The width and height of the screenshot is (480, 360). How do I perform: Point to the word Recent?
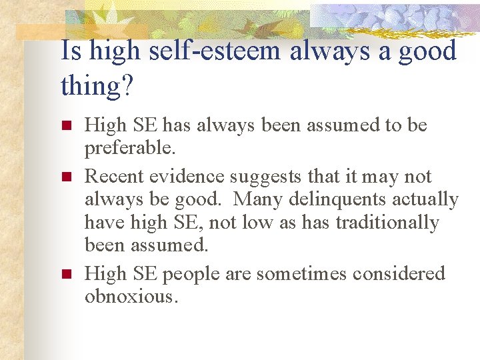coord(115,177)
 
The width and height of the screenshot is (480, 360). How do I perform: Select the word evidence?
coord(187,177)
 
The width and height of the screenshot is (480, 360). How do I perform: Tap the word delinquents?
coord(346,200)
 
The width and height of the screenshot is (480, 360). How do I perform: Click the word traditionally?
coord(387,223)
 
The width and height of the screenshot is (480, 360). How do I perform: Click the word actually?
coord(429,200)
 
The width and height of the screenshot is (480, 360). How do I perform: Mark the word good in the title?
coord(427,51)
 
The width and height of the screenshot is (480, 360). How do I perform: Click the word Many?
coord(259,200)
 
